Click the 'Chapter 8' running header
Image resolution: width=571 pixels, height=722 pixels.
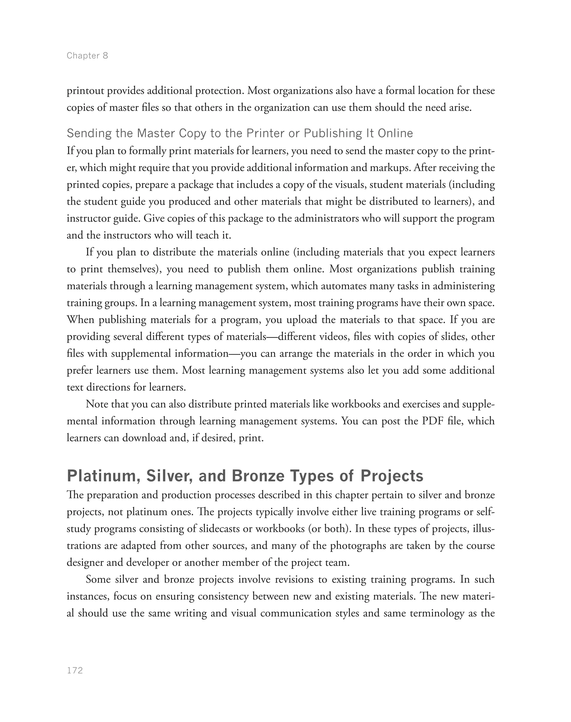click(x=87, y=55)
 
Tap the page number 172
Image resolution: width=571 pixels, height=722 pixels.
click(x=75, y=671)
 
